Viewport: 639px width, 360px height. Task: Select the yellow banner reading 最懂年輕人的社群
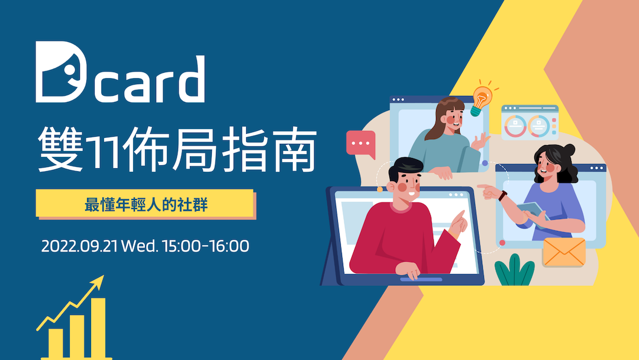[x=144, y=203]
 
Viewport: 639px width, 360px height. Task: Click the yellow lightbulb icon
[x=480, y=99]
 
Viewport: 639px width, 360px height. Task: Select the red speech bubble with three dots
[x=360, y=143]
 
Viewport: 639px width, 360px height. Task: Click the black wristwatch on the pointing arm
[x=503, y=195]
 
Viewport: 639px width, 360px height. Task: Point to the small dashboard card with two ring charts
[x=530, y=123]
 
